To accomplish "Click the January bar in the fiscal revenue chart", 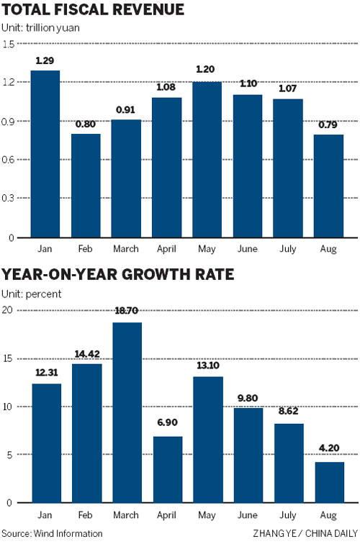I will tap(45, 154).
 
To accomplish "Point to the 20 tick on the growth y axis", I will tap(9, 310).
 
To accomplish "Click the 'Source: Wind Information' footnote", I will tap(52, 534).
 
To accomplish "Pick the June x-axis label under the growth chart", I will tap(247, 514).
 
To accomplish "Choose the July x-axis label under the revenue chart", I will tap(288, 248).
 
